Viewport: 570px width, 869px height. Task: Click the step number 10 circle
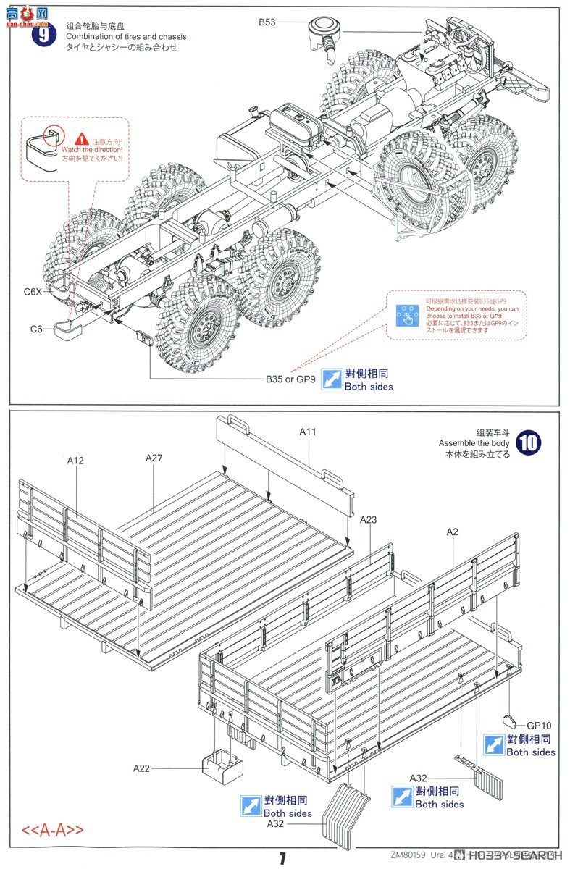pyautogui.click(x=528, y=442)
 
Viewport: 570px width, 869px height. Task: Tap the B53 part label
pyautogui.click(x=267, y=23)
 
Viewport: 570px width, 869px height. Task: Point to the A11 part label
pyautogui.click(x=309, y=432)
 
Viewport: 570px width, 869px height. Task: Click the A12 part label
pyautogui.click(x=76, y=460)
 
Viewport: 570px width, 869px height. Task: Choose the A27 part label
pyautogui.click(x=154, y=458)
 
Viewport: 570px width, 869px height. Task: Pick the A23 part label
pyautogui.click(x=369, y=519)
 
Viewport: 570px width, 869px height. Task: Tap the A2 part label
pyautogui.click(x=452, y=532)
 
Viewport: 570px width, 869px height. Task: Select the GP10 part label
pyautogui.click(x=539, y=725)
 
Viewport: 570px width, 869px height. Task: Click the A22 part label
pyautogui.click(x=142, y=768)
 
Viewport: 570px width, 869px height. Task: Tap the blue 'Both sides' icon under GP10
pyautogui.click(x=494, y=745)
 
